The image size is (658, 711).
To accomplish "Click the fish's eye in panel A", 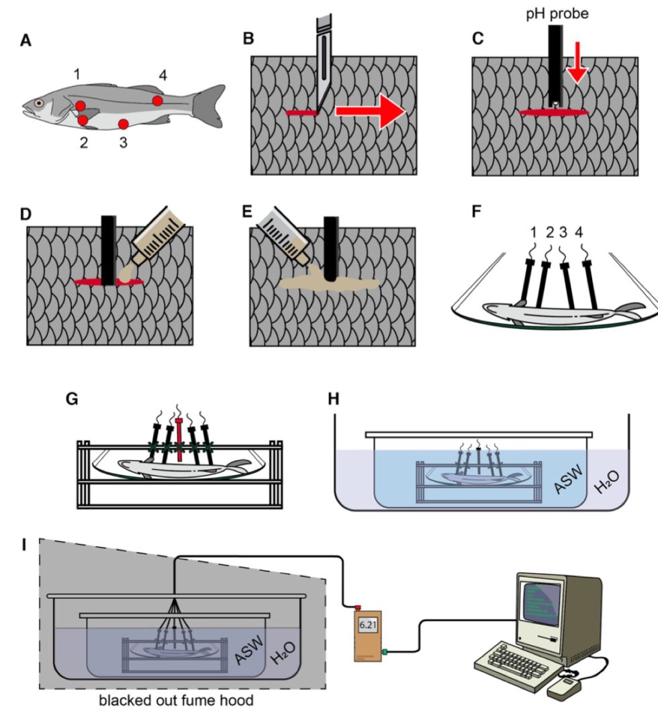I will pos(40,103).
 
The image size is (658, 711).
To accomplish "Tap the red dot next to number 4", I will pos(157,101).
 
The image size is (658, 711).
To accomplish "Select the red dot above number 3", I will pos(124,123).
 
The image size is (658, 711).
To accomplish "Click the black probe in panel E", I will pos(330,248).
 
